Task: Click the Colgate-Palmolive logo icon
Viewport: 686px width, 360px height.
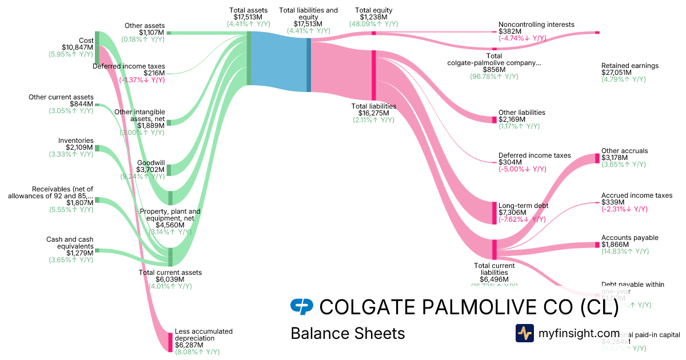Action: pos(302,307)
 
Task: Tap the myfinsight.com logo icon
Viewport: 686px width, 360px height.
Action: pos(524,333)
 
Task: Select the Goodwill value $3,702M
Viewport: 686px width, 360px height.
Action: pos(150,170)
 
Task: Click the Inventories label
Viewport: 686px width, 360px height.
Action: pos(75,141)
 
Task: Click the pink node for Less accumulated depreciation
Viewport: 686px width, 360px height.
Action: pos(170,342)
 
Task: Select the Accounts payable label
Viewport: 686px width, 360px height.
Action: pos(629,238)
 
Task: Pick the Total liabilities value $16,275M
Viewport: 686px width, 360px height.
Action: pos(373,113)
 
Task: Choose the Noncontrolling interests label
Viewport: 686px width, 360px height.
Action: pos(536,25)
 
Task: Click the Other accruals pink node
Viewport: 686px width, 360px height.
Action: pos(597,158)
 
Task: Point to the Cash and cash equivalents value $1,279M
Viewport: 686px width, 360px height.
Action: pos(79,253)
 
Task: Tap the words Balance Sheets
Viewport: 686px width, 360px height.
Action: pos(348,333)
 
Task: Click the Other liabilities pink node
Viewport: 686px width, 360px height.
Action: pos(494,119)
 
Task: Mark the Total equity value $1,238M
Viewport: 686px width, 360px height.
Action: pos(373,17)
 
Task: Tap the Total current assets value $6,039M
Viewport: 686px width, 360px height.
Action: pos(171,279)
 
